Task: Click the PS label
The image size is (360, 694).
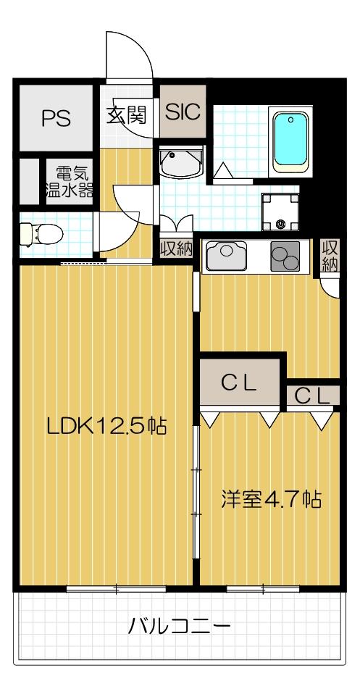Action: [x=55, y=118]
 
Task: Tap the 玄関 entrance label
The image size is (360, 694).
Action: [x=127, y=115]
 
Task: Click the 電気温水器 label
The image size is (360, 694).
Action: [x=70, y=182]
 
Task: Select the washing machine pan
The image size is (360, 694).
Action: [x=280, y=209]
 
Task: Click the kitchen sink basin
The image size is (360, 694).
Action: [x=228, y=256]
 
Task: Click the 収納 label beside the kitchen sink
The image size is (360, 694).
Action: [x=176, y=248]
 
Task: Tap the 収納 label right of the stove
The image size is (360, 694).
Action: [x=330, y=255]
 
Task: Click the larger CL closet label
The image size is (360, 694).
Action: [x=239, y=384]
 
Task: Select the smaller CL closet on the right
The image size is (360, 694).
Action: [x=311, y=396]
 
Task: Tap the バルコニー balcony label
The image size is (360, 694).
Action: [x=180, y=625]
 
